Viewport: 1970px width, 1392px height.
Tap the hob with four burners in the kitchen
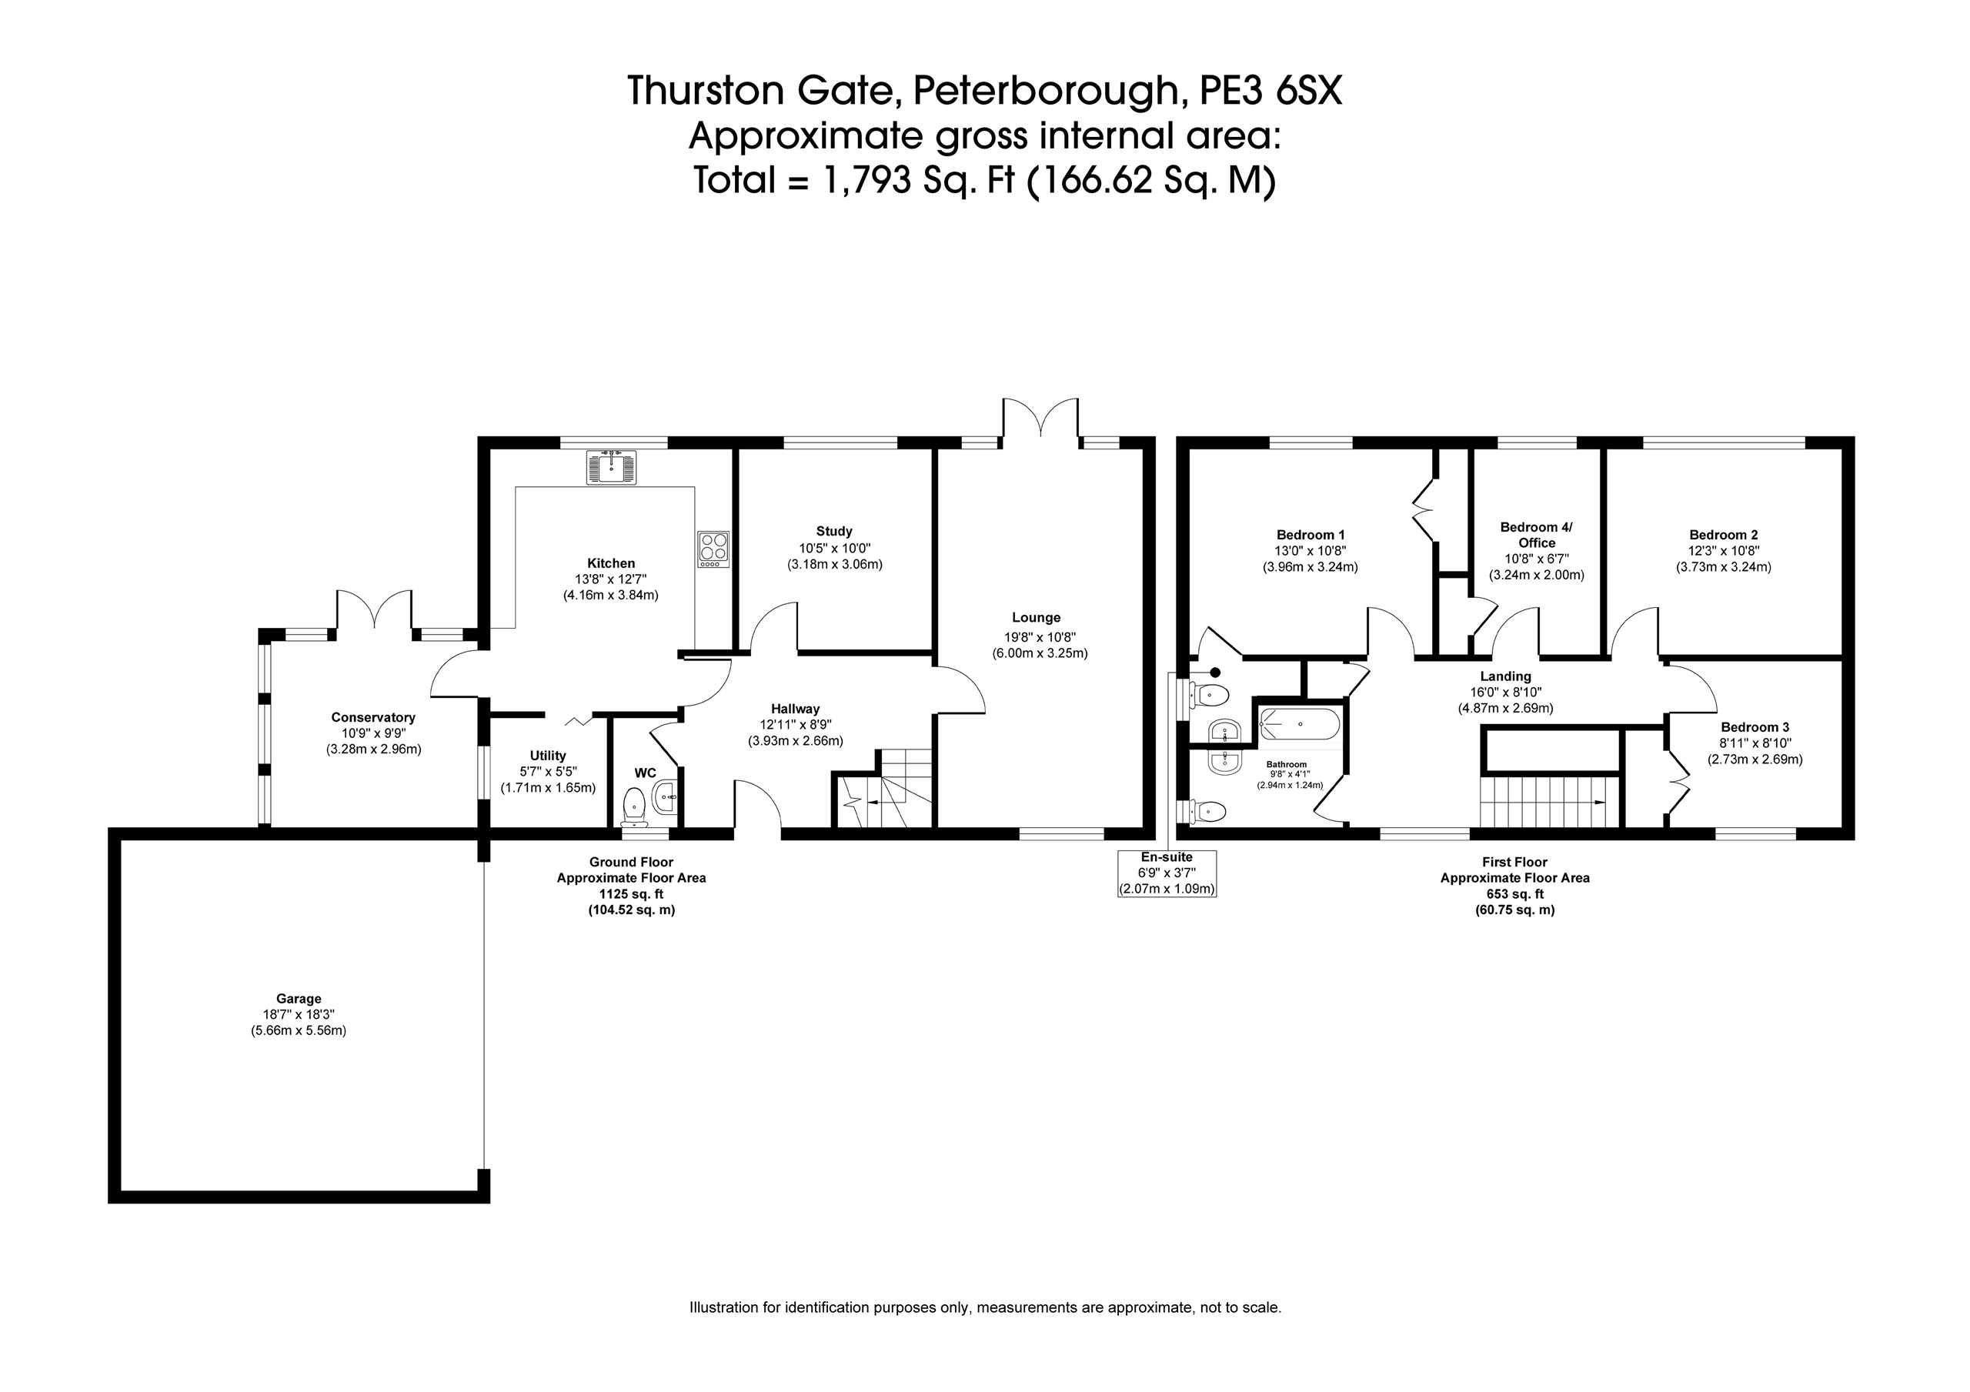point(713,549)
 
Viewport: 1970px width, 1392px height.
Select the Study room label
point(834,531)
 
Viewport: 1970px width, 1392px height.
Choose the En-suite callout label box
point(1167,873)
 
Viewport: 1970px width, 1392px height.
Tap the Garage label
point(299,998)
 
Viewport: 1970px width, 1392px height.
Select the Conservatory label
point(373,717)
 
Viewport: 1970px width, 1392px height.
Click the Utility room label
point(547,755)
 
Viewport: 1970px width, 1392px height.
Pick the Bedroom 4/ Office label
point(1537,535)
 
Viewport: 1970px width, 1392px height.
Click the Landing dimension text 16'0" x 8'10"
point(1506,693)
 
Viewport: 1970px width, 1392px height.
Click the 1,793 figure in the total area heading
point(866,180)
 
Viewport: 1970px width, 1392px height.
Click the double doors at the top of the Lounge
point(1040,420)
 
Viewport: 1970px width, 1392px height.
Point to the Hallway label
point(796,709)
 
